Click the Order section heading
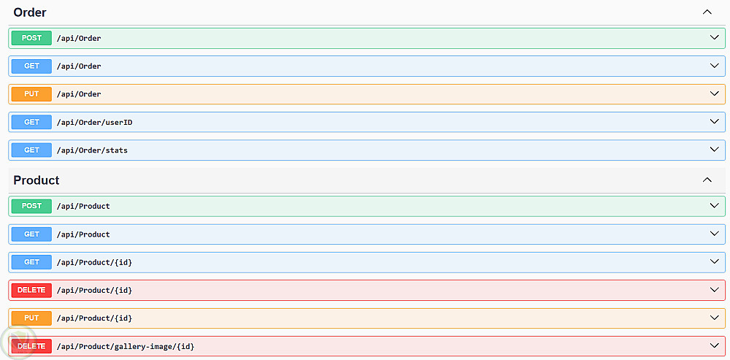click(30, 12)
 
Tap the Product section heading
click(36, 180)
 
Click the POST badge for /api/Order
click(31, 38)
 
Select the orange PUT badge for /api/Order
click(31, 94)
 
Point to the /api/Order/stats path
click(92, 150)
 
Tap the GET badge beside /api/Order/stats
click(31, 150)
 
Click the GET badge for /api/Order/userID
click(31, 122)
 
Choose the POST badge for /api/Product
click(31, 206)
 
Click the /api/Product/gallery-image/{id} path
click(126, 347)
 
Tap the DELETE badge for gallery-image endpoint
click(31, 346)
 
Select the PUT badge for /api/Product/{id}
click(31, 318)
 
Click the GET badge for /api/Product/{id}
click(31, 262)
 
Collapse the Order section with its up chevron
click(707, 12)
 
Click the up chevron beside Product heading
click(707, 180)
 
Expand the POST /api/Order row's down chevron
click(714, 37)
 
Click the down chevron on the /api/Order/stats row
click(714, 149)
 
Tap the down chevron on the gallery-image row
click(714, 345)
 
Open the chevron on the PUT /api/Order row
click(714, 93)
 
